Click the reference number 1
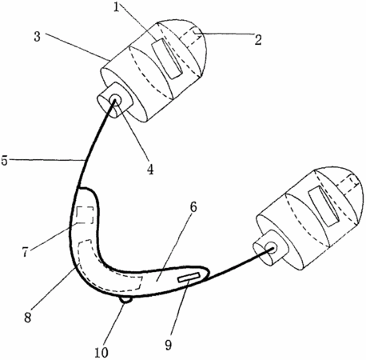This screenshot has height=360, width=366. pos(116,7)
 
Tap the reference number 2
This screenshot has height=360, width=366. pos(258,40)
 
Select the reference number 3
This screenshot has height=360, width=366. pos(38,37)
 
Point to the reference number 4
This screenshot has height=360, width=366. pos(150,170)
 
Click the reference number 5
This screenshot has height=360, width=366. pos(4,161)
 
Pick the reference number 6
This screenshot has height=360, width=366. pos(193,207)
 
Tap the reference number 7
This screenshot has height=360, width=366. pos(26,252)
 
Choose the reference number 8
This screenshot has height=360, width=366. pos(28,318)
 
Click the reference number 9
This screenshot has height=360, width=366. pos(168,345)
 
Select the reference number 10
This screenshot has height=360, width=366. pos(101,353)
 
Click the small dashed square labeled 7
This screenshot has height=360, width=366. pos(85,215)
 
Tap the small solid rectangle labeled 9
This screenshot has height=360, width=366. pos(189,277)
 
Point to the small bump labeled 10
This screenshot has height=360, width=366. pos(126,300)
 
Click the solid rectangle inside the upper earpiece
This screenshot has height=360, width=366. pos(167,59)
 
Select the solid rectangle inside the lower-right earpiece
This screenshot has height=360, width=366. pos(324,206)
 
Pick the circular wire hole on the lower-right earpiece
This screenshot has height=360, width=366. pos(272,247)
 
